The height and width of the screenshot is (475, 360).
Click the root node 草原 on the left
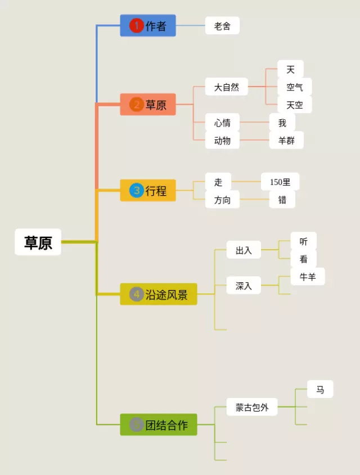click(x=38, y=242)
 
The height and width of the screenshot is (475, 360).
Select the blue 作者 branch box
click(x=148, y=25)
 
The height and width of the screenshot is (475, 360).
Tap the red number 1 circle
click(x=136, y=25)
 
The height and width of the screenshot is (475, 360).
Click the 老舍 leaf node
click(x=222, y=26)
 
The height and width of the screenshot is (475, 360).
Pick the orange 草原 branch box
click(x=148, y=105)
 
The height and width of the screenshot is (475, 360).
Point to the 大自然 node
click(x=226, y=87)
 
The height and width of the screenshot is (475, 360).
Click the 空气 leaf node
click(x=295, y=87)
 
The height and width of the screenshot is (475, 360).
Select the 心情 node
click(x=222, y=123)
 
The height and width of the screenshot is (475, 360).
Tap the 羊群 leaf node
click(x=286, y=140)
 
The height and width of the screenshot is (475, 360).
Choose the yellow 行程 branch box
click(x=148, y=190)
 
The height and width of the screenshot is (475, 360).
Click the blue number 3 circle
click(x=136, y=190)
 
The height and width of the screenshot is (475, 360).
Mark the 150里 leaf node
click(x=280, y=182)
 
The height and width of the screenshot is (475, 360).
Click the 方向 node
click(x=222, y=200)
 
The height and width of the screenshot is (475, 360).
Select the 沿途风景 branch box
click(x=159, y=294)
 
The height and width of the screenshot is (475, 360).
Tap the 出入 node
click(x=244, y=250)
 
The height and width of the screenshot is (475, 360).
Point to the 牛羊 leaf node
click(x=308, y=276)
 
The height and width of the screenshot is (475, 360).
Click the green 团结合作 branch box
click(x=159, y=425)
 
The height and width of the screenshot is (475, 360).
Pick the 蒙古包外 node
click(x=252, y=407)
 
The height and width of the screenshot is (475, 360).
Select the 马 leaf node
click(x=320, y=389)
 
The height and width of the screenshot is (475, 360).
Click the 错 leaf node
click(x=282, y=200)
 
